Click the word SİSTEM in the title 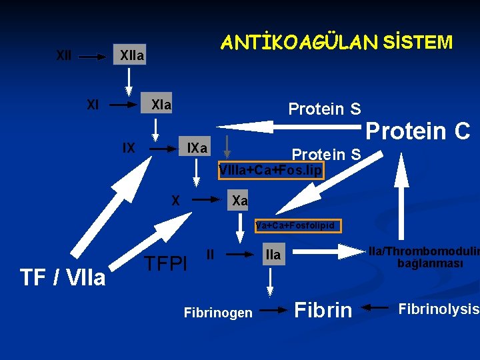coord(418,43)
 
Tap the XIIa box coord(131,56)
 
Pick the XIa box coord(160,105)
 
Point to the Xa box coord(239,200)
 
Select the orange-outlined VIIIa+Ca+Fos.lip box coord(271,171)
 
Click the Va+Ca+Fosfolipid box coord(298,226)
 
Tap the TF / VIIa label coord(63,277)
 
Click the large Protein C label coord(419,131)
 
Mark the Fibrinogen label coord(218,313)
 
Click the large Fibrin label coord(323,310)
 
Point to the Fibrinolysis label coord(438,309)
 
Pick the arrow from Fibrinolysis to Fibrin coord(377,308)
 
